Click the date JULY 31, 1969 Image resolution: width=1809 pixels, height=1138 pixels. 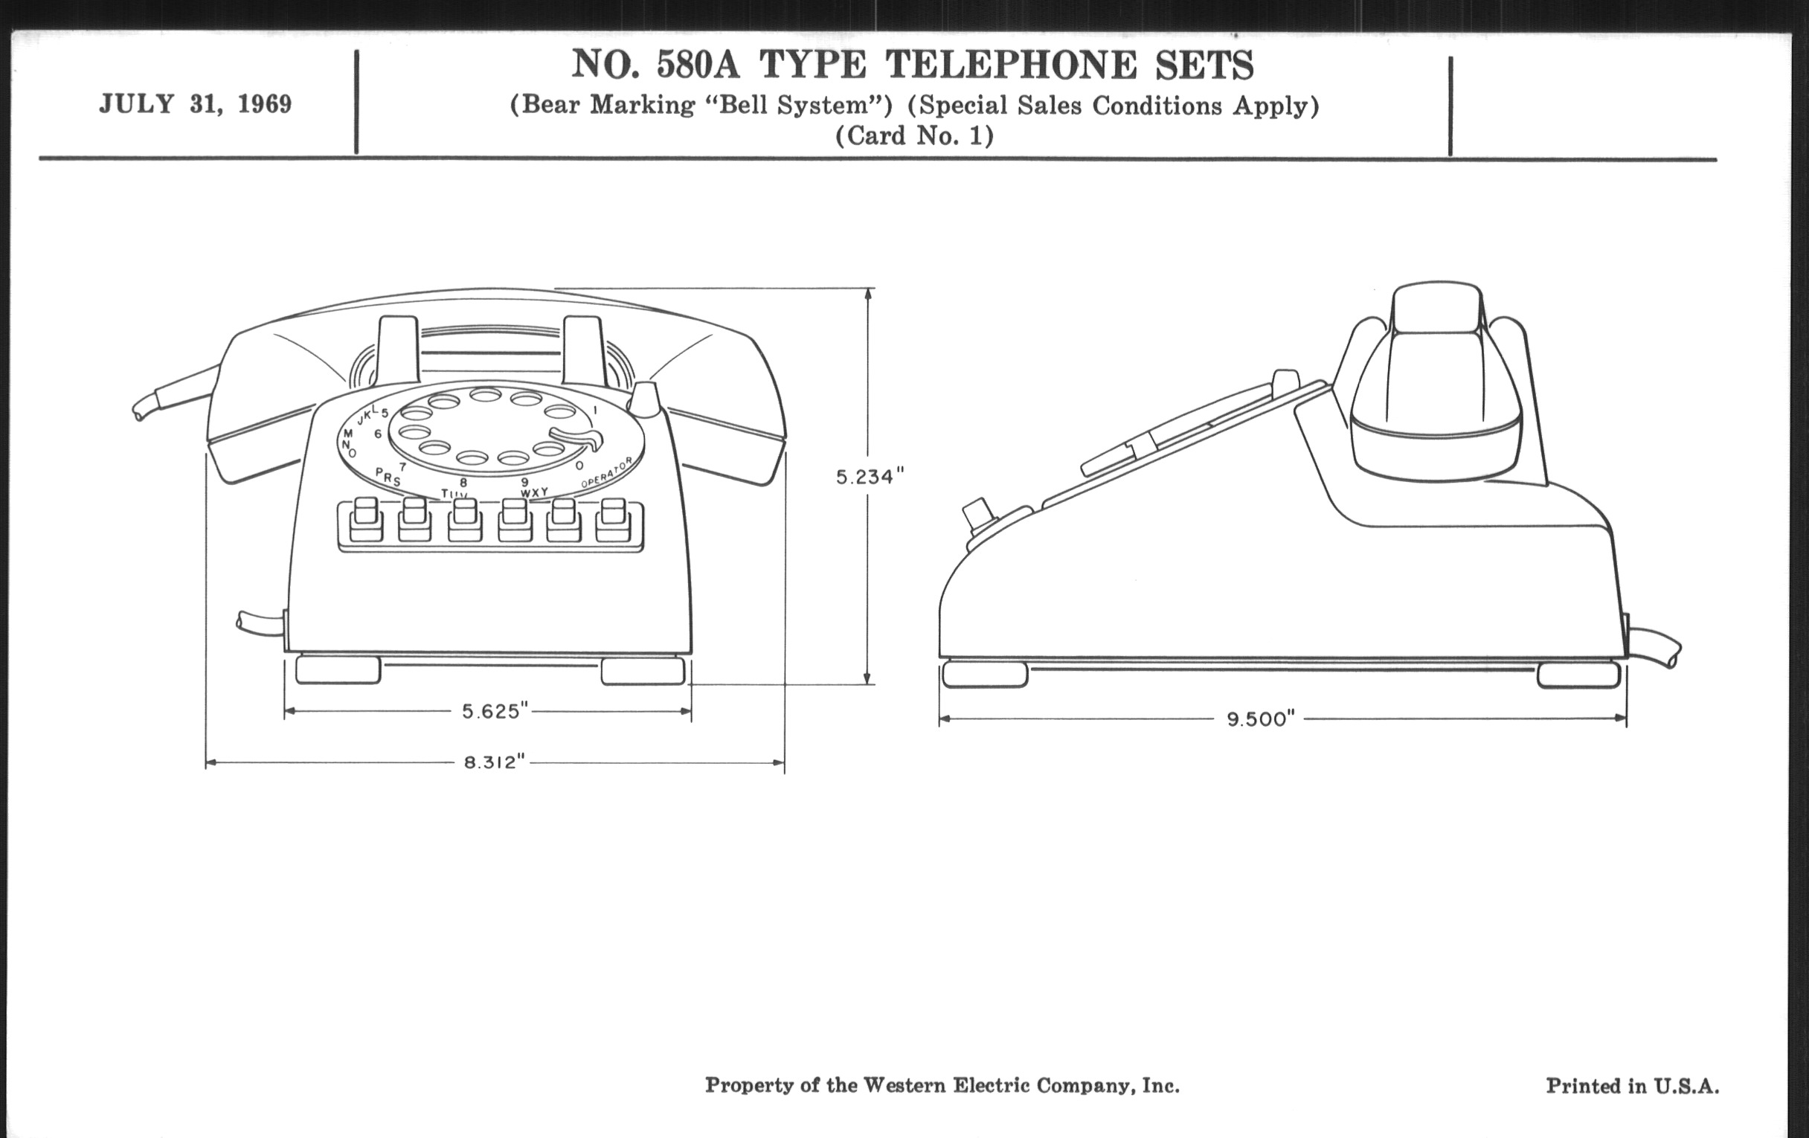(196, 103)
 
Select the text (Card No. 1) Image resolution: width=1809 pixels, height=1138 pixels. (914, 136)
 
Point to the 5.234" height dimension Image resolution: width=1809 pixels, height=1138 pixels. (870, 476)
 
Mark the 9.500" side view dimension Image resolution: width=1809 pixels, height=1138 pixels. (1261, 719)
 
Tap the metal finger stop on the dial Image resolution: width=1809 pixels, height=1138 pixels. (579, 437)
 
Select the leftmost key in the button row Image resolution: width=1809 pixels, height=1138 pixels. (366, 520)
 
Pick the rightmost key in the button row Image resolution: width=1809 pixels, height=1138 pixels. (613, 520)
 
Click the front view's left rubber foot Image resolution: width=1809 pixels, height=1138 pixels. (338, 670)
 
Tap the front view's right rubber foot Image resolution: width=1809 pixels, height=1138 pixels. (643, 671)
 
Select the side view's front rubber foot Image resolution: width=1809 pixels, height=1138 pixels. (984, 675)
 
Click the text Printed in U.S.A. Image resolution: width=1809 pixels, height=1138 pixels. (1632, 1085)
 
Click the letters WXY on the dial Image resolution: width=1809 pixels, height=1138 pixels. (533, 492)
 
